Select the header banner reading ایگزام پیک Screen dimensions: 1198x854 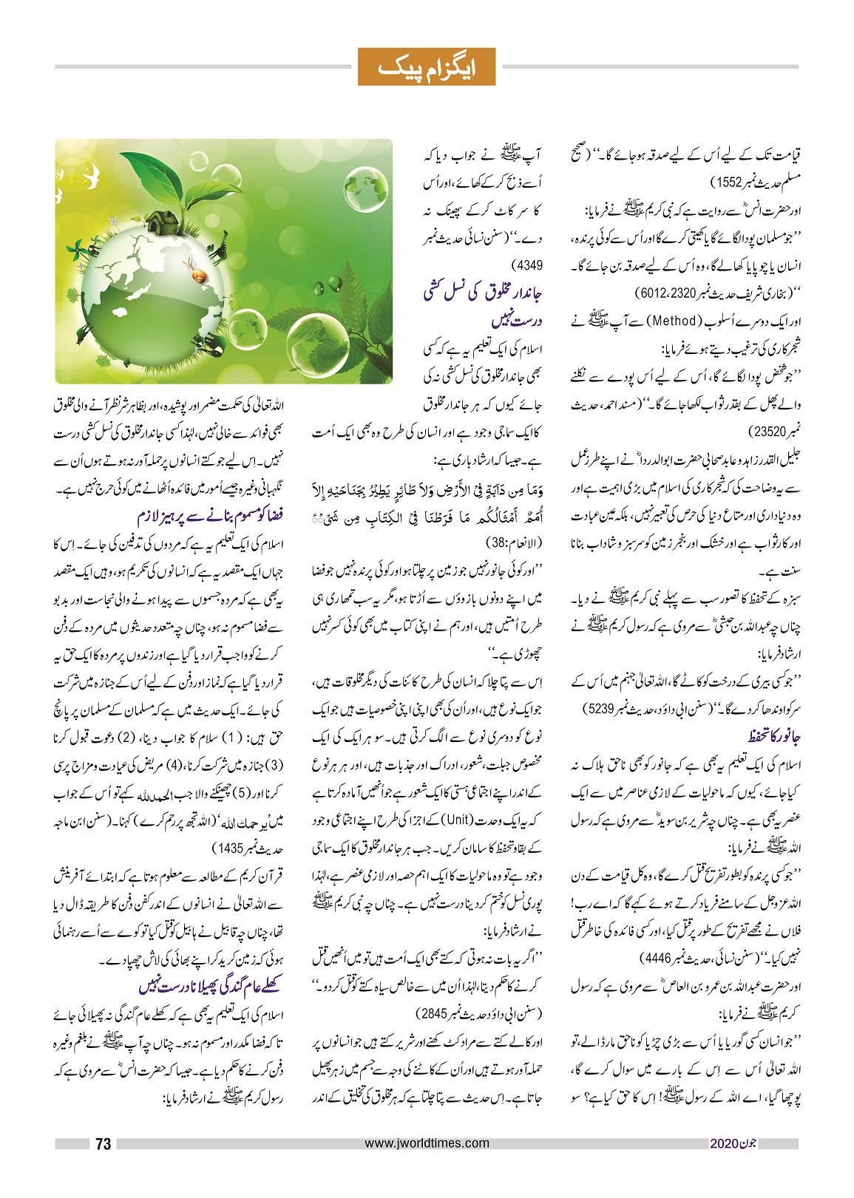(426, 67)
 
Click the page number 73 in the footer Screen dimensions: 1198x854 (104, 1144)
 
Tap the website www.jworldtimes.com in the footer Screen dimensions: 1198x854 (427, 1143)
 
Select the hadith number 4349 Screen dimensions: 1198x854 (526, 264)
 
